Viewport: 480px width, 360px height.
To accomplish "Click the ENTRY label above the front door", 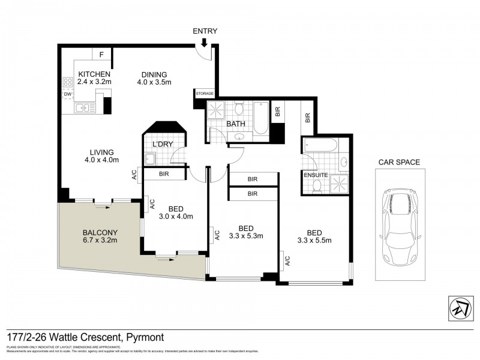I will pos(205,31).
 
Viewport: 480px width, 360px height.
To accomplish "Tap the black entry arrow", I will pos(205,42).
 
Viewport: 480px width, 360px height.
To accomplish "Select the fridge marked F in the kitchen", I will pos(101,55).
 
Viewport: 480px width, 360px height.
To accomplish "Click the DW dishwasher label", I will pos(68,94).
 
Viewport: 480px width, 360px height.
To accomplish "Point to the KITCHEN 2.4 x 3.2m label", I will pos(95,79).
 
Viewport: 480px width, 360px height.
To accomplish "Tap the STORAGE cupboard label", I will pos(204,94).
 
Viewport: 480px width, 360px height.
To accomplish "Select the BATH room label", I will pos(236,124).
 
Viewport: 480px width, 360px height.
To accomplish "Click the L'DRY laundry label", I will pos(162,144).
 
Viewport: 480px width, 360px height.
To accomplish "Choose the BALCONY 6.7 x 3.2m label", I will pos(100,236).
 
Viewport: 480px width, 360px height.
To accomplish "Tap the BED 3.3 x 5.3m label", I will pos(245,232).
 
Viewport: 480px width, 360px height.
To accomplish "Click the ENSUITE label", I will pos(315,175).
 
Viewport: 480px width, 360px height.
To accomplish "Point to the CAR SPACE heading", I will pos(398,162).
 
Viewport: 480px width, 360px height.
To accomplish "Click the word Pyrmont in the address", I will pos(144,338).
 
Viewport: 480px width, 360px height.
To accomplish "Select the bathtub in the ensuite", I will pos(323,145).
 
